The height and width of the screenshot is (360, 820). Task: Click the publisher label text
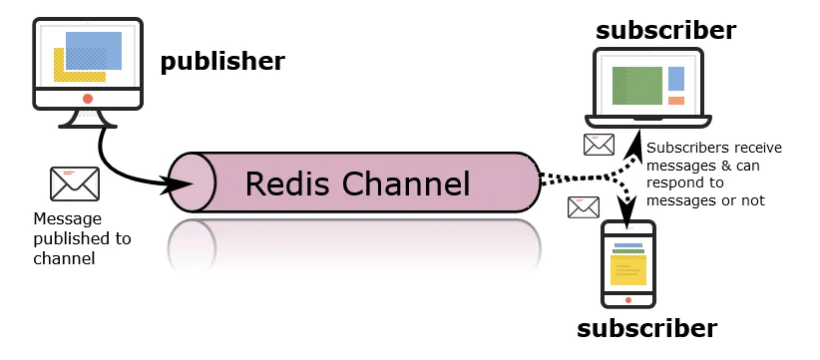coord(222,62)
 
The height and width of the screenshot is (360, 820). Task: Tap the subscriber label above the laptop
coord(665,30)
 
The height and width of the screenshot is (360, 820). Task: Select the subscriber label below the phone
coord(648,327)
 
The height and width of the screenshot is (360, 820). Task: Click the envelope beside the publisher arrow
coord(74,183)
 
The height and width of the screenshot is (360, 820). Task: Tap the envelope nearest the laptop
coord(599,145)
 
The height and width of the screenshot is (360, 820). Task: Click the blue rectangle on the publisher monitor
coord(95,50)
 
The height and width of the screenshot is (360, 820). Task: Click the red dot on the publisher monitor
coord(88,99)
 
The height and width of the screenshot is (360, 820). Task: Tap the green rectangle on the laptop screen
coord(638,86)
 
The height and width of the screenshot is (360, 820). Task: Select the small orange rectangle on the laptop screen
coord(676,101)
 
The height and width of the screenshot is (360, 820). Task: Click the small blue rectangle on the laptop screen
coord(676,78)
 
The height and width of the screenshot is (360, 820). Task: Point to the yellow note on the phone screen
coord(628,269)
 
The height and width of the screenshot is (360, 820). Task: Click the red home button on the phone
coord(628,298)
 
